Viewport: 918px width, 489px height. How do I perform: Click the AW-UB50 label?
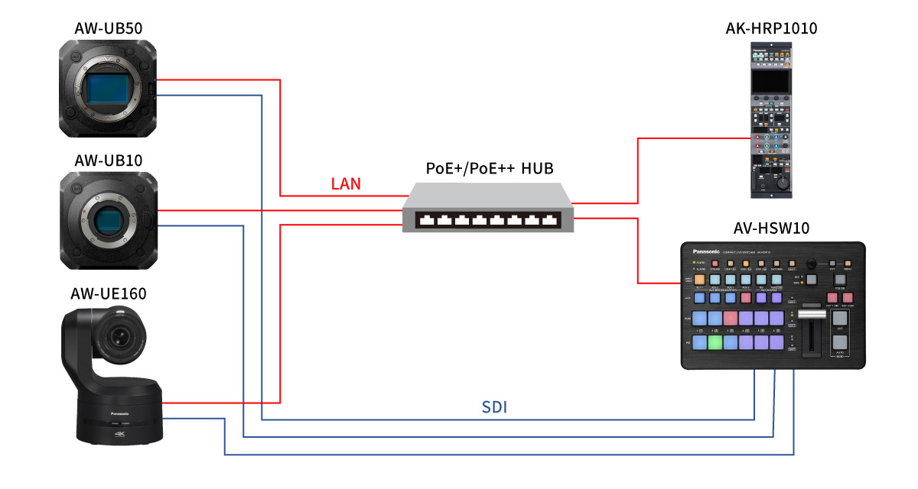(x=109, y=29)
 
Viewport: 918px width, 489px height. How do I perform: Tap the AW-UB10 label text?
(x=109, y=160)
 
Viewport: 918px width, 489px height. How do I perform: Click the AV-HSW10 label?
(x=772, y=228)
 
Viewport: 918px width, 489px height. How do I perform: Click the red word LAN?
(x=346, y=183)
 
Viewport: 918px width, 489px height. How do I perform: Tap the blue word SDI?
(x=495, y=407)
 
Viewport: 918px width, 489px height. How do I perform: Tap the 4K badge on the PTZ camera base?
(x=119, y=433)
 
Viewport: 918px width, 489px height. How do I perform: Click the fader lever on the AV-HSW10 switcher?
(x=809, y=316)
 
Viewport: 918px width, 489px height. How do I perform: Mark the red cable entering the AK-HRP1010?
(x=688, y=139)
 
